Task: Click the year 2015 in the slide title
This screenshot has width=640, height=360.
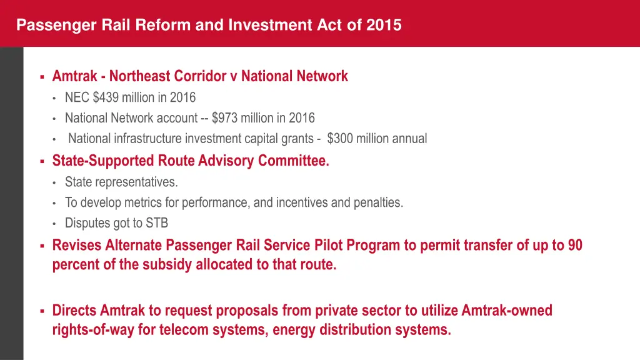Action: coord(384,26)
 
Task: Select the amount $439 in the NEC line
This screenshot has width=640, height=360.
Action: coord(106,97)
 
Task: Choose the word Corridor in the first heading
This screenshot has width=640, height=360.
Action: coord(199,76)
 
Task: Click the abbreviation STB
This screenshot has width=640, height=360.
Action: coord(156,223)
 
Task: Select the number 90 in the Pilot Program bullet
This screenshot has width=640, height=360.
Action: coord(575,246)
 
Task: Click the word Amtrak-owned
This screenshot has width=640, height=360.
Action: coord(507,311)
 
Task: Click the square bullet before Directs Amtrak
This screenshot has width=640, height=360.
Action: coord(41,311)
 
